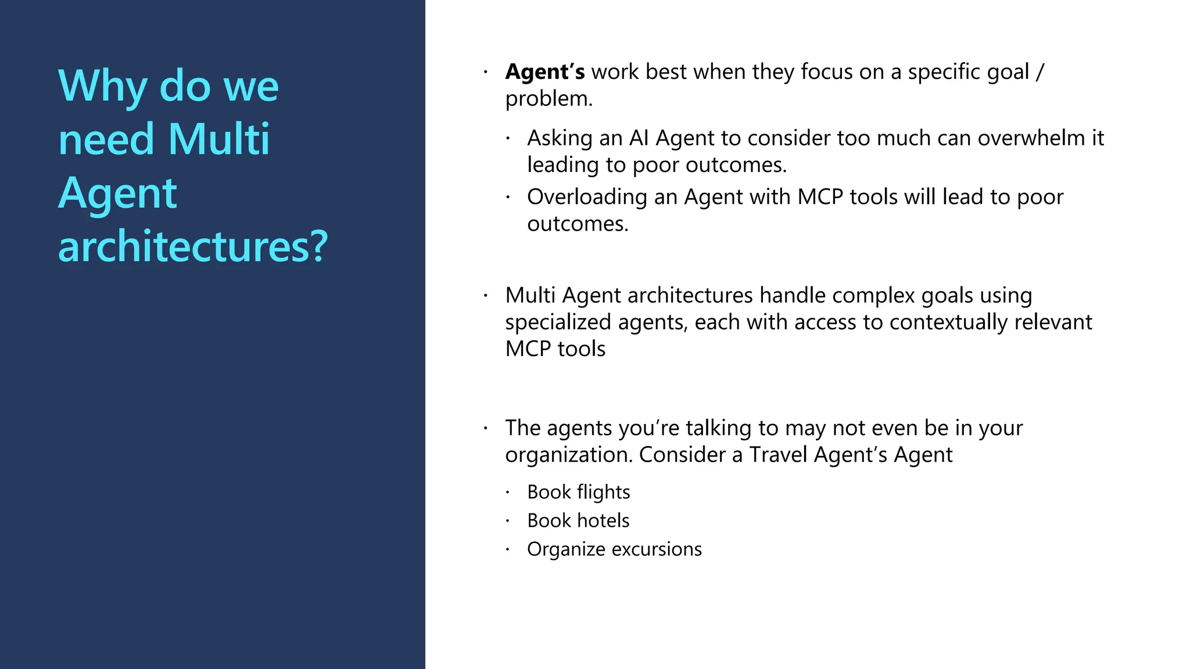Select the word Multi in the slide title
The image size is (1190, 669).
(219, 140)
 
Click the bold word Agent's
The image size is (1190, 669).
(544, 72)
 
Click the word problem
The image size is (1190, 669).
(548, 99)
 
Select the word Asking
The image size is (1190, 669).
(560, 138)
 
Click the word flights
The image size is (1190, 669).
(603, 492)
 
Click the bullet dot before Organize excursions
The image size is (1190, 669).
(507, 549)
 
